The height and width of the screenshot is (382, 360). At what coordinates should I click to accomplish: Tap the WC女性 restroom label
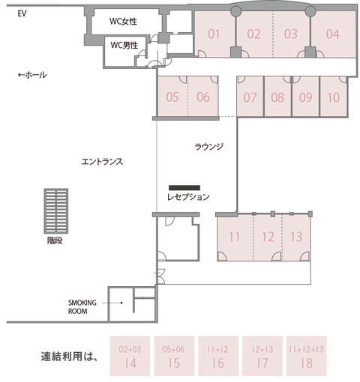(x=124, y=22)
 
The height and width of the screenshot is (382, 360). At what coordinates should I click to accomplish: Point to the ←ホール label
(x=32, y=75)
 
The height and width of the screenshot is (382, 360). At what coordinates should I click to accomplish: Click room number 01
(x=214, y=34)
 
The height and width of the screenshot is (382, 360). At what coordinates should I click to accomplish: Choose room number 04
(x=333, y=34)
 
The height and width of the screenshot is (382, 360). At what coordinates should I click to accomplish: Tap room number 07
(x=250, y=97)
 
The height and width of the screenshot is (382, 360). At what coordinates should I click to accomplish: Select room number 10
(x=334, y=97)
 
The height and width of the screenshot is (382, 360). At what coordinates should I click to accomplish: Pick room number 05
(x=172, y=97)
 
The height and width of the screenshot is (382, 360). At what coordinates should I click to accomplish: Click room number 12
(x=268, y=237)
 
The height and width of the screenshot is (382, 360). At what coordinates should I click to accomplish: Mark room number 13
(x=296, y=237)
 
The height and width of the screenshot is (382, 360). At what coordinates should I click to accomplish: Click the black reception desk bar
(x=184, y=187)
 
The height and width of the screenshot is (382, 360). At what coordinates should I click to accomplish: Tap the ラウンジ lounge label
(x=209, y=146)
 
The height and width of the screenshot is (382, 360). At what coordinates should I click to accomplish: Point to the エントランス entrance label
(x=102, y=161)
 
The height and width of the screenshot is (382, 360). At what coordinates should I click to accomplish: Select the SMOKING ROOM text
(x=82, y=306)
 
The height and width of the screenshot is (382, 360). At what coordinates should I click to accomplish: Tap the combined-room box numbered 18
(x=305, y=356)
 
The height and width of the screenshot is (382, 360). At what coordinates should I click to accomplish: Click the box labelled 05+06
(x=173, y=349)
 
